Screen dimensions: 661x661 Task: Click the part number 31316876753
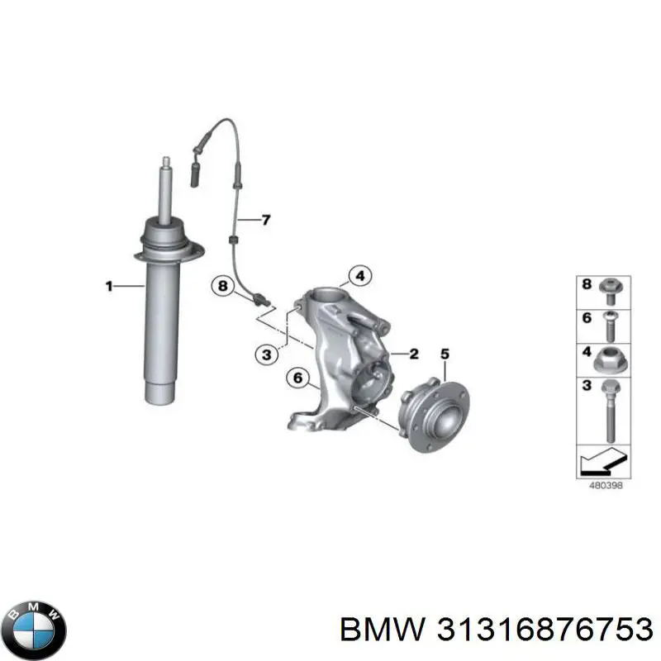544,630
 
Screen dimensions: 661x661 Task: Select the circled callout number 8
222,286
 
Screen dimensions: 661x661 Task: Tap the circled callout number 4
360,277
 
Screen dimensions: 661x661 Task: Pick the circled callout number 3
267,354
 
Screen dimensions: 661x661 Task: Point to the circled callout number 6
297,378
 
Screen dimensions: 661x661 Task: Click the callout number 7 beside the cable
266,220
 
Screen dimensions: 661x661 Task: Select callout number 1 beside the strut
109,286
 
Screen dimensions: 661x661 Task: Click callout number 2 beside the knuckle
414,354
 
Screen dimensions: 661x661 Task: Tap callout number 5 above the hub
445,354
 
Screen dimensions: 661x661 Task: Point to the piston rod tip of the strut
167,160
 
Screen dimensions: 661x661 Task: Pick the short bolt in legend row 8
610,291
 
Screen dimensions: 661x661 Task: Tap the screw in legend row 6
610,326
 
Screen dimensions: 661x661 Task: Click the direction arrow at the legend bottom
602,461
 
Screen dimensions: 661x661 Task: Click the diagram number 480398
606,485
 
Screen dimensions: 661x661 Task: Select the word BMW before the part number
383,630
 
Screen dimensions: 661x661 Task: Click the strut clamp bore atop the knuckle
328,294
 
